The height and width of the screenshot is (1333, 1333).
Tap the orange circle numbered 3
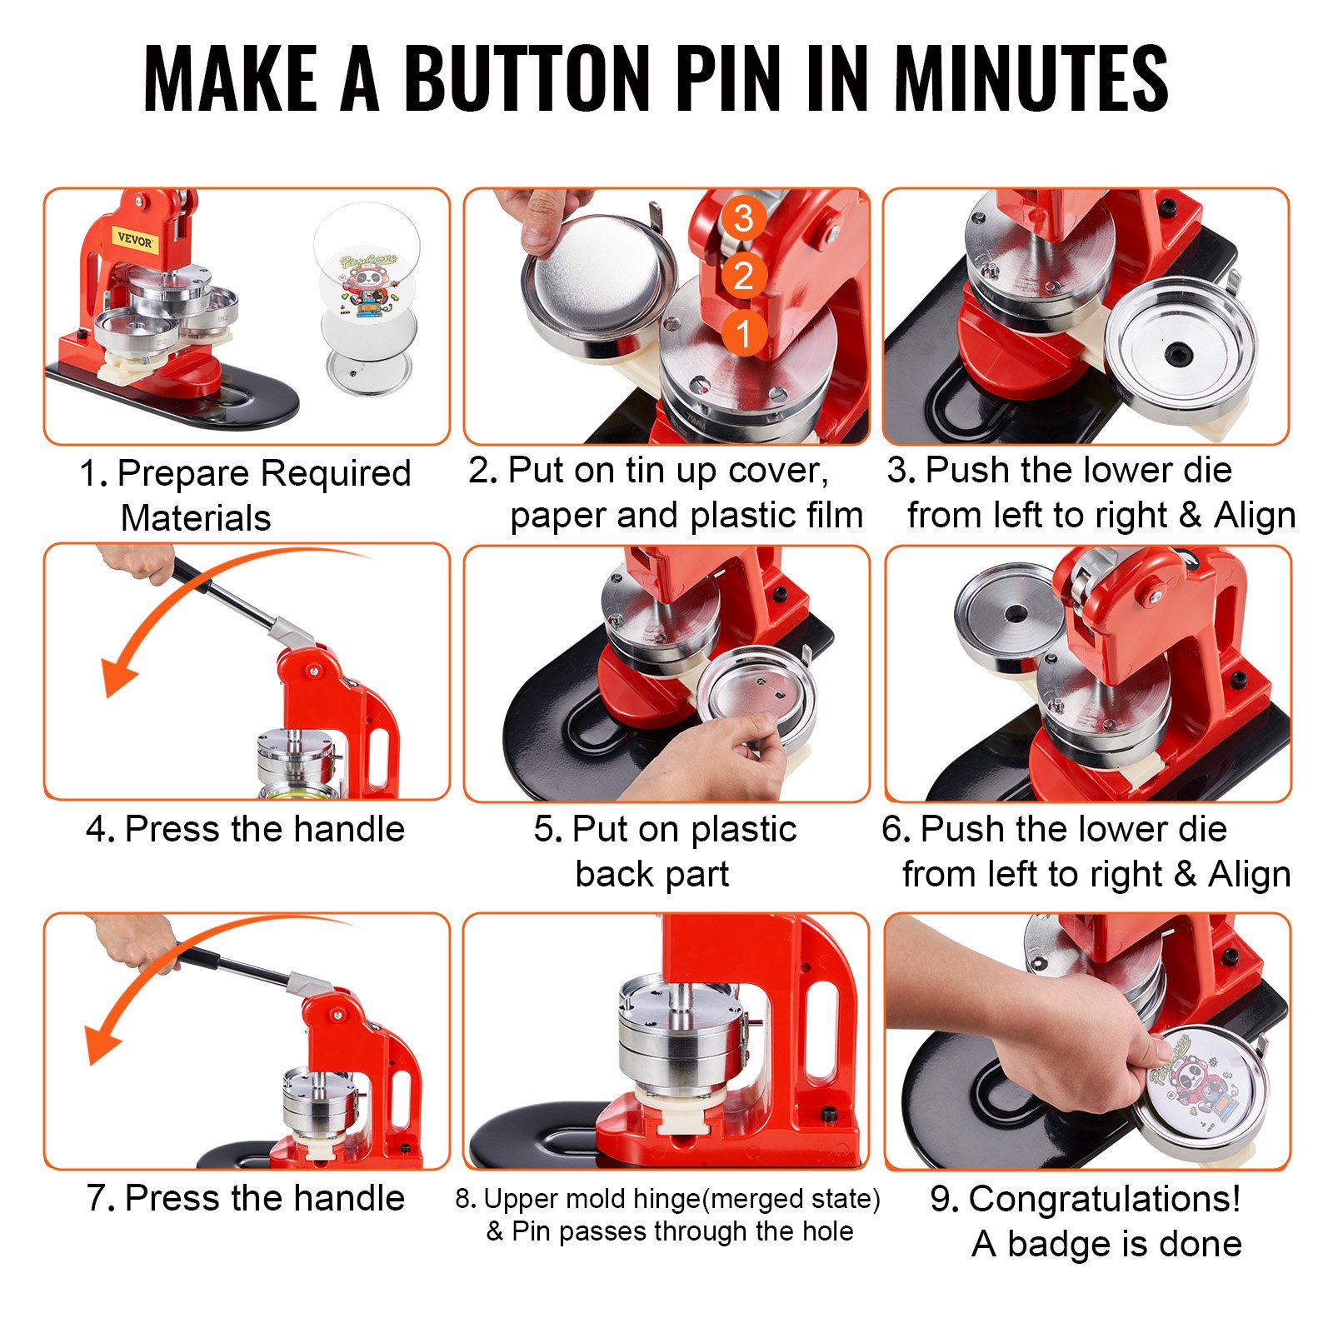(x=743, y=218)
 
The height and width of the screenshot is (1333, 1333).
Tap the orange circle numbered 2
(x=743, y=276)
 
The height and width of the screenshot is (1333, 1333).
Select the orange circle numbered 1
(x=743, y=333)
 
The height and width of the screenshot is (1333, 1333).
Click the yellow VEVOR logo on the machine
(x=134, y=241)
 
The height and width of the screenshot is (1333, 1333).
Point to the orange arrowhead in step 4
(x=117, y=675)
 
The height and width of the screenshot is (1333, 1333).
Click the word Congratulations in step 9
(x=1105, y=1199)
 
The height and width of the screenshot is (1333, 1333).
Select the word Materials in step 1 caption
(x=196, y=518)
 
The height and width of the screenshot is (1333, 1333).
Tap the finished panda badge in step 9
(x=1200, y=1087)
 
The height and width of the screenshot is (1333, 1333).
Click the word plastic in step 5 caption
(x=743, y=830)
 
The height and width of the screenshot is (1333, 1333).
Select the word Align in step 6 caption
(x=1249, y=875)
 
